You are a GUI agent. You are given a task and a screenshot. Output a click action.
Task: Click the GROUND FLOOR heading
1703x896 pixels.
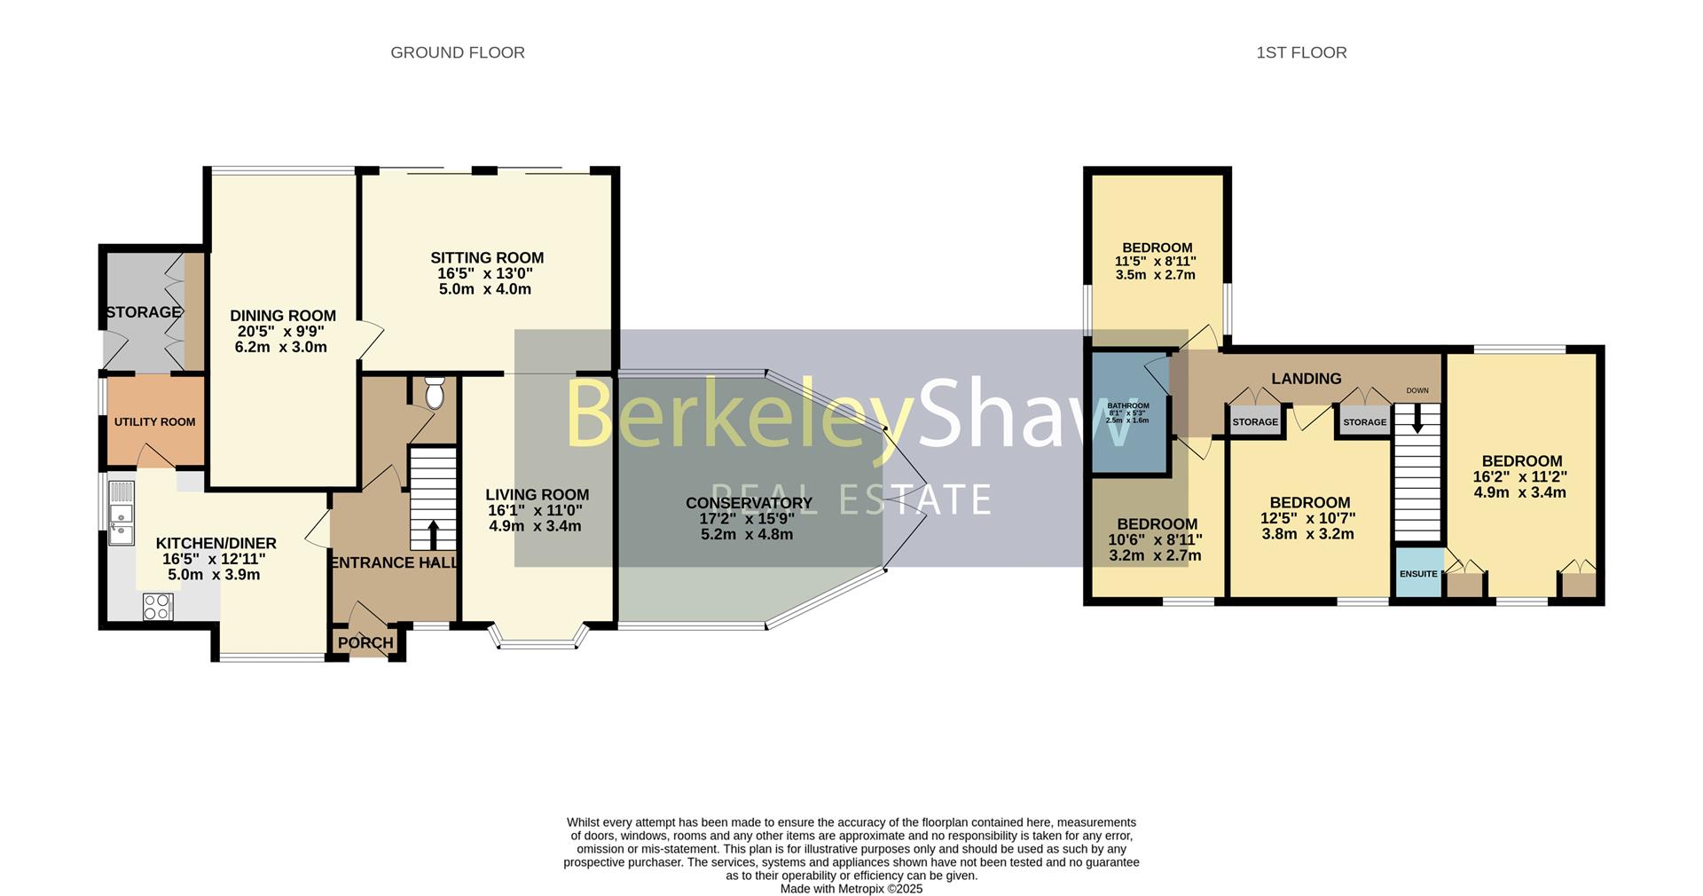(x=458, y=53)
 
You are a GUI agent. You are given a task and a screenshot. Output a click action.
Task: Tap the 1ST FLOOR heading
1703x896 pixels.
(x=1301, y=53)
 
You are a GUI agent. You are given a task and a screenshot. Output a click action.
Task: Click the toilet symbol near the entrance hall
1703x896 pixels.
(x=435, y=393)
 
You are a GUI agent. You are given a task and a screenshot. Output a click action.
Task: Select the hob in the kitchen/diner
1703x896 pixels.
(x=158, y=607)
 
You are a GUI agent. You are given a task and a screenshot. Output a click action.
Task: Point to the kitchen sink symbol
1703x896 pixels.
(x=121, y=515)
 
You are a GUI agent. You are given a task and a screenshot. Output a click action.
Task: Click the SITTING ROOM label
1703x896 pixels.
(x=487, y=258)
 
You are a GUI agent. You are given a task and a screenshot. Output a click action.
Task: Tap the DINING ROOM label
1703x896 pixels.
(x=283, y=316)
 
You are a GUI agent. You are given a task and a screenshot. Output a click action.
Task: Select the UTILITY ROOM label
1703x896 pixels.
(x=154, y=422)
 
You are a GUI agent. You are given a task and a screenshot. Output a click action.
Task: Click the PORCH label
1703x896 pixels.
(x=365, y=643)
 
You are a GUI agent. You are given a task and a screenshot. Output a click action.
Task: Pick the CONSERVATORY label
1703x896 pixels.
(x=749, y=503)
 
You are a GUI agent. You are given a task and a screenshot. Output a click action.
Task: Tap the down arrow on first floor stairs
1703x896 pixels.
(x=1417, y=420)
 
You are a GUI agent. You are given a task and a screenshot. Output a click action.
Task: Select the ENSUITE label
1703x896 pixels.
(x=1418, y=574)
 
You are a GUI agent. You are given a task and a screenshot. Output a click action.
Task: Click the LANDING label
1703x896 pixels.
(x=1306, y=379)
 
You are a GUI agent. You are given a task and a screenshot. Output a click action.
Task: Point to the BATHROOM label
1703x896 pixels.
(x=1128, y=405)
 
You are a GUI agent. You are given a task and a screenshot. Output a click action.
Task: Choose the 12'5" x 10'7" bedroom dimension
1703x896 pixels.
(x=1308, y=518)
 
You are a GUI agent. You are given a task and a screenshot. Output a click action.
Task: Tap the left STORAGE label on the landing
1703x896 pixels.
(x=1255, y=422)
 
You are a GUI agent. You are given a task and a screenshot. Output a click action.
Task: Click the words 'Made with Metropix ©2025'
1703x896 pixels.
(x=851, y=888)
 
